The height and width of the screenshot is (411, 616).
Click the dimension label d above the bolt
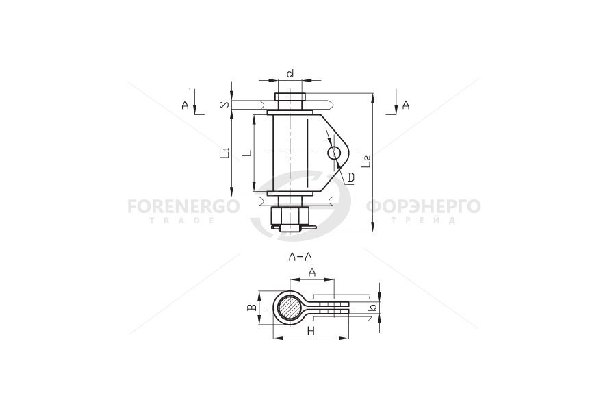[x=290, y=73]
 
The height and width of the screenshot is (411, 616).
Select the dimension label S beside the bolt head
[x=224, y=105]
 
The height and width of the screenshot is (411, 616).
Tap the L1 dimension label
[x=224, y=153]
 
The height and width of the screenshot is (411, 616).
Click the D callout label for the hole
[x=351, y=178]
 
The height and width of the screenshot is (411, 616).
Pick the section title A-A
[x=300, y=258]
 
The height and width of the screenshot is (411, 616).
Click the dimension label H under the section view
[x=311, y=331]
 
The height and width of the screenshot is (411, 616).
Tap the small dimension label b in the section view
[x=373, y=308]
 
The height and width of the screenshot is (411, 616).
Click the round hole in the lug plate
[x=335, y=153]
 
